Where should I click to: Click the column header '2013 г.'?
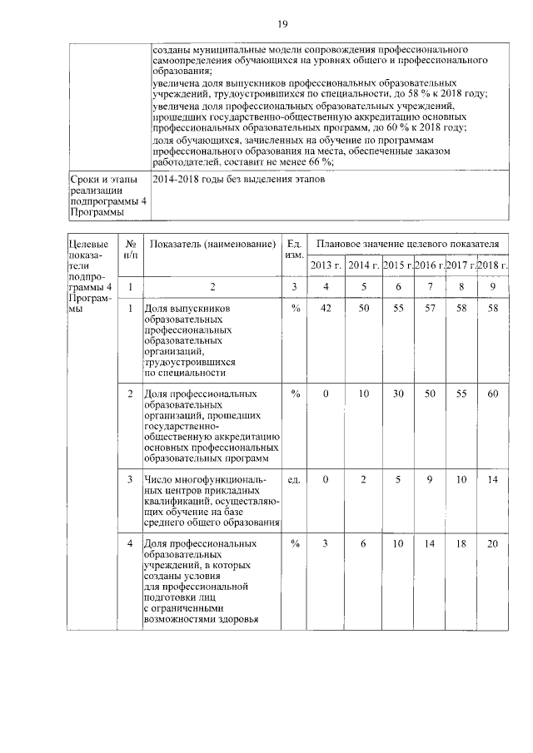click(326, 265)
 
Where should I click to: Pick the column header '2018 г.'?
click(493, 265)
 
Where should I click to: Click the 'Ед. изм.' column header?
click(293, 249)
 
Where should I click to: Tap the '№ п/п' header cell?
click(131, 249)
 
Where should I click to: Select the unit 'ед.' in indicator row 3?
click(293, 479)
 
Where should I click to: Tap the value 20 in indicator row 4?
click(493, 543)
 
